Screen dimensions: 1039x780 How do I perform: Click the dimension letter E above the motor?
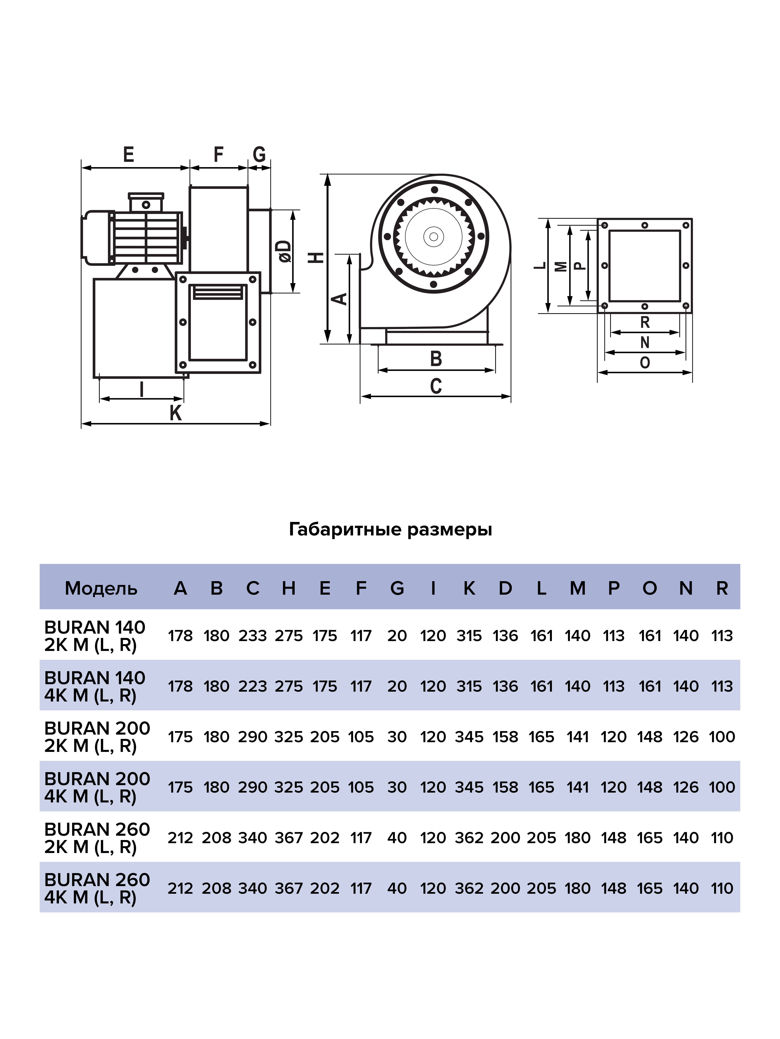128,154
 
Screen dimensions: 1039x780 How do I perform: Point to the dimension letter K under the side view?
175,413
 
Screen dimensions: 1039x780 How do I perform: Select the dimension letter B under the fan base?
436,359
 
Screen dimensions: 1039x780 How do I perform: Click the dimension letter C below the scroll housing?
436,386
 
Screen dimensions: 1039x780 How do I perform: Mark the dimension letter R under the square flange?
645,322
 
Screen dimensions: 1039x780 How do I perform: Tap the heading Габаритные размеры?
390,529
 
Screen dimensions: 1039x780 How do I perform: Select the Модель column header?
101,588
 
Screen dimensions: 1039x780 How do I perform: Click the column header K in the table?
469,588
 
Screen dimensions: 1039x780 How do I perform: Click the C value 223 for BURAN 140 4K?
253,686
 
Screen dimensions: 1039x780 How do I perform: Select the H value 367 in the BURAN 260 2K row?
289,837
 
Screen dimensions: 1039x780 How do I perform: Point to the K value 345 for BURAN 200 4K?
469,787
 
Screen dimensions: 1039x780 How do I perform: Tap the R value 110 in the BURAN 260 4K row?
722,888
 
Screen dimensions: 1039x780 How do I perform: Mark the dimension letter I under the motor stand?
141,389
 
